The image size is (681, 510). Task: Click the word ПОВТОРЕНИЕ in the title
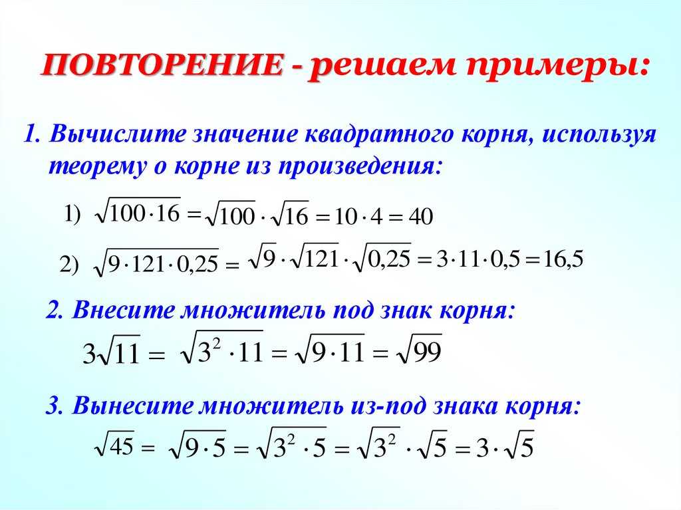click(164, 65)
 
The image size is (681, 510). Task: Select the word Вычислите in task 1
click(117, 134)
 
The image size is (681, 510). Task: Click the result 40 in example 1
click(421, 216)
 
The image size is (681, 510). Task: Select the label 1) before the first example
click(72, 215)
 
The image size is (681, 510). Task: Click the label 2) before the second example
click(69, 265)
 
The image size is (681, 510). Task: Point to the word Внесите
click(123, 310)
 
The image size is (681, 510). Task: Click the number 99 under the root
click(427, 351)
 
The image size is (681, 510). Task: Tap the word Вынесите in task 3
click(132, 406)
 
